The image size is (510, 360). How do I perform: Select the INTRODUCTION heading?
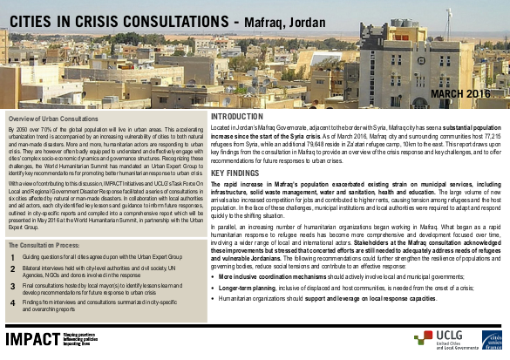click(x=236, y=116)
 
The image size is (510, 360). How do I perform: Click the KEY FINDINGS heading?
click(x=235, y=173)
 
